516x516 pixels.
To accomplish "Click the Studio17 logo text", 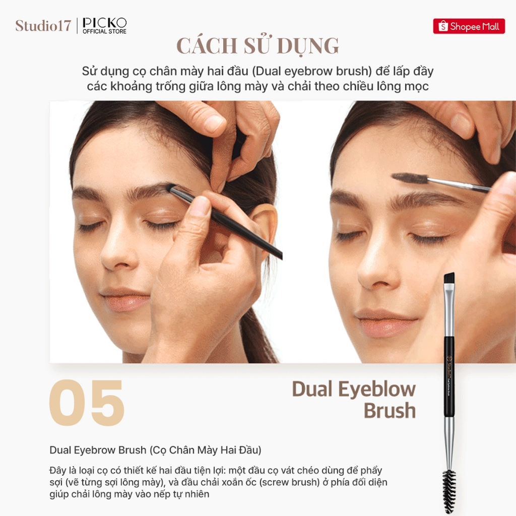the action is [43, 26].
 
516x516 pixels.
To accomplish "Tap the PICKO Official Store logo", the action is [105, 26].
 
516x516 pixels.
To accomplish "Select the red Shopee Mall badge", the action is [469, 26].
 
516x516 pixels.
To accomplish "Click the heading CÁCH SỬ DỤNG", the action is [257, 45].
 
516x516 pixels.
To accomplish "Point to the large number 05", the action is [87, 403].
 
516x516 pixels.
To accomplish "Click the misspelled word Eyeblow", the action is [377, 390].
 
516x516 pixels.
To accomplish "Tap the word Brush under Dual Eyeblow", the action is [390, 410].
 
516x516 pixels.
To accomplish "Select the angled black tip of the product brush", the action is [449, 278].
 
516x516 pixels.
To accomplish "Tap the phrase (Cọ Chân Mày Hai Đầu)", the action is [206, 450].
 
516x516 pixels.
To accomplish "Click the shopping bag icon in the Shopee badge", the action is [443, 26].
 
